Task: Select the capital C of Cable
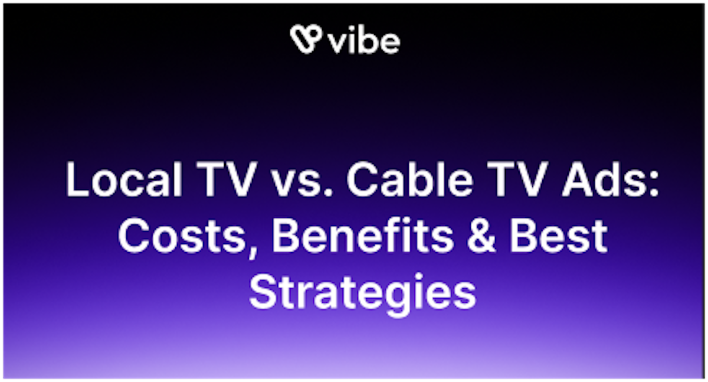[361, 181]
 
